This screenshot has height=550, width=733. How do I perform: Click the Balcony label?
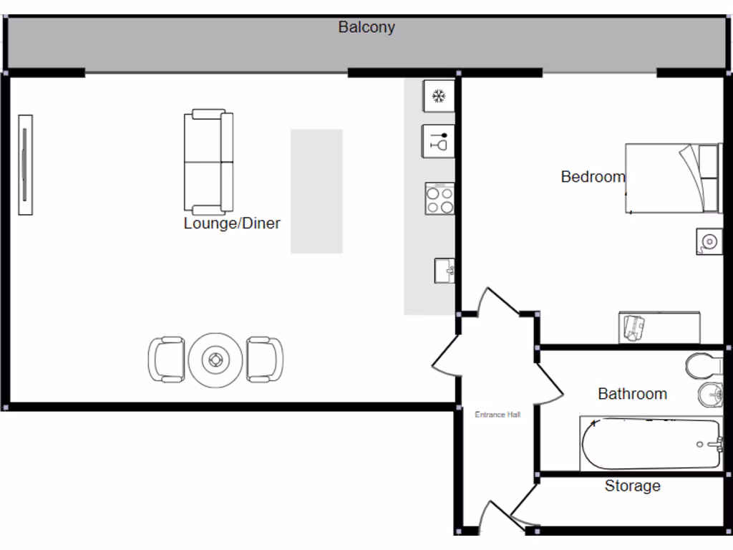[366, 28]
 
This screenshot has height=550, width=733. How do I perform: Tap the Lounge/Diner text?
[232, 223]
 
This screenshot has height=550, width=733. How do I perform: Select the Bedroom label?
[593, 176]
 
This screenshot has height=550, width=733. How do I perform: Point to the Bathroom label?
[632, 394]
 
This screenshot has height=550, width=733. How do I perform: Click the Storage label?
[632, 486]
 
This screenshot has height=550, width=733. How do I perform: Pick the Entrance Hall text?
[498, 415]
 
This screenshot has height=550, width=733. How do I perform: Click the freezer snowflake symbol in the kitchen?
[439, 96]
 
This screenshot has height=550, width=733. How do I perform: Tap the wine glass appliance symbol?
[439, 141]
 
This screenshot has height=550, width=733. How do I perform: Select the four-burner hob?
[440, 198]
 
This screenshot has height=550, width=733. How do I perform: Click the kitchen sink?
[444, 271]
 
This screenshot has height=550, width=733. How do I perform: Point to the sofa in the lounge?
[208, 163]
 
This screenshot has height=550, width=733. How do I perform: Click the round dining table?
[213, 360]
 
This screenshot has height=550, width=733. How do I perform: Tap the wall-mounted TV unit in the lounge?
[25, 164]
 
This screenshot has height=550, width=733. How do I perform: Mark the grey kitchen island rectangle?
[316, 191]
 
